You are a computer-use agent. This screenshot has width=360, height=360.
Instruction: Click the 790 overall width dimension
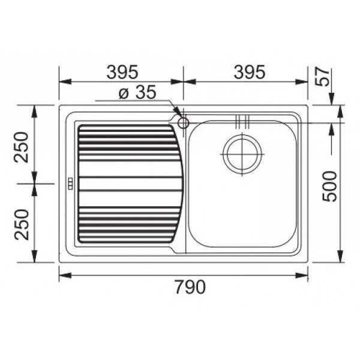tap(190, 287)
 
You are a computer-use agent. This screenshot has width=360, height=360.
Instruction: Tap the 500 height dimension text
tap(329, 187)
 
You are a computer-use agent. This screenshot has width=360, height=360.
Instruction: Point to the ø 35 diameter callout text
tap(137, 92)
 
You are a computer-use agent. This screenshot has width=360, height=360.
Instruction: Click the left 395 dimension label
tap(122, 71)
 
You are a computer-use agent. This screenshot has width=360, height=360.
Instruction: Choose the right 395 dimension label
tap(250, 71)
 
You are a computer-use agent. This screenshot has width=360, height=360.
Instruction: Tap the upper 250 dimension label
tap(22, 147)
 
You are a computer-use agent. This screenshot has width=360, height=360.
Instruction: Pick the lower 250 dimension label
tap(22, 225)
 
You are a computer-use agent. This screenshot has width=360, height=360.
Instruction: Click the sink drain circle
tap(242, 154)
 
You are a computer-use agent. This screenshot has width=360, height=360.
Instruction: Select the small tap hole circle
tap(183, 123)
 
